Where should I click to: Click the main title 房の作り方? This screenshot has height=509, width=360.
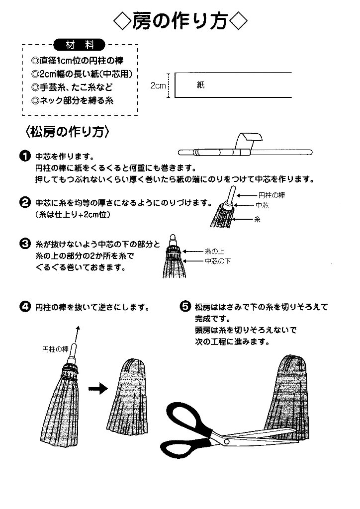point(180,21)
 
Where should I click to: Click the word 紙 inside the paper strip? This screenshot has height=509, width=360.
point(200,85)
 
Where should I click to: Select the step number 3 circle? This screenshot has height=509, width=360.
point(24,245)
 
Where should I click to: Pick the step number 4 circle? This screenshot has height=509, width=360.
point(24,306)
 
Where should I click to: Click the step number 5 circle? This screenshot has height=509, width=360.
point(184,306)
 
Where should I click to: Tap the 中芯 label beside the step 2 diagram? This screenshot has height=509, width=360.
point(262,205)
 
